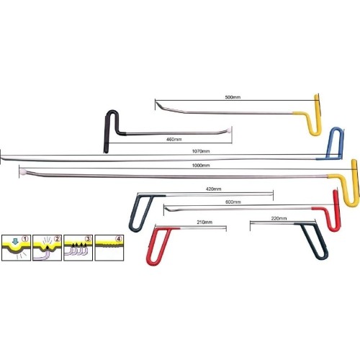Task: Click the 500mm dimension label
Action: [233, 97]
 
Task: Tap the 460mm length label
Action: [174, 139]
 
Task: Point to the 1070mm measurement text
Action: [201, 151]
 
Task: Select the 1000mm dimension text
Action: [201, 166]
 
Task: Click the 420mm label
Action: [213, 189]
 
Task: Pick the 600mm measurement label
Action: [233, 202]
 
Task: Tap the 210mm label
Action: [204, 222]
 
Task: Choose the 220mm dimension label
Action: [279, 218]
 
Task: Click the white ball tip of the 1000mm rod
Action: [23, 172]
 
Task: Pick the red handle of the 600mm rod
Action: [338, 211]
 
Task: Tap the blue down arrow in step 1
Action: [15, 241]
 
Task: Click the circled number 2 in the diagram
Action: [57, 239]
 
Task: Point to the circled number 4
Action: [119, 239]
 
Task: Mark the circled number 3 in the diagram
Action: [88, 239]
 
